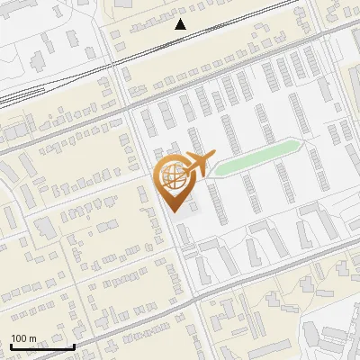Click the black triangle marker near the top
[181, 24]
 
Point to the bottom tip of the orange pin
[175, 211]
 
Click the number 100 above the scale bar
[19, 338]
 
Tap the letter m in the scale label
[32, 338]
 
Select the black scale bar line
[42, 346]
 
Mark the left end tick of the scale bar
[11, 345]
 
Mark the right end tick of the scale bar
[74, 345]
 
